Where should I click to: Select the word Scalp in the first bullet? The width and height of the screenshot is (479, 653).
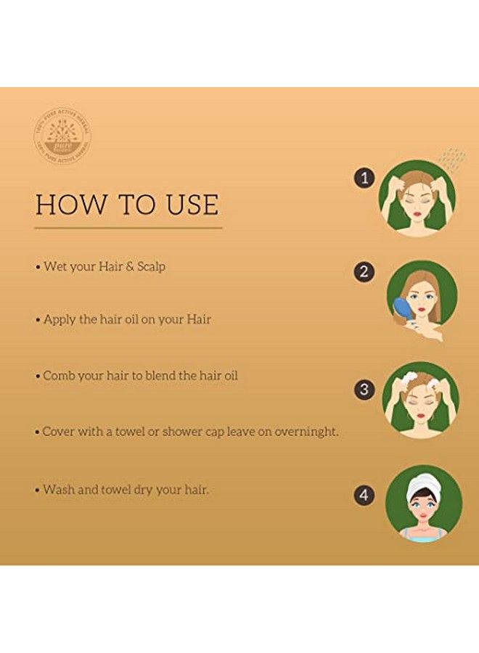150,266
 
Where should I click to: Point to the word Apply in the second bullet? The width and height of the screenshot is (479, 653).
60,319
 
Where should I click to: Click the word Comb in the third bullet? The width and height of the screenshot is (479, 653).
58,376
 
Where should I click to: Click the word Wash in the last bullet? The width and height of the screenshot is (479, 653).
58,490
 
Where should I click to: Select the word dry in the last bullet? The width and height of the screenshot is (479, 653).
142,490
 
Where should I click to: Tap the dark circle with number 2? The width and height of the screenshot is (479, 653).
364,272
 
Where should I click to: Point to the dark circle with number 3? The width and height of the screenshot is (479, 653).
364,389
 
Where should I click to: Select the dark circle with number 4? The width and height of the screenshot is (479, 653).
364,496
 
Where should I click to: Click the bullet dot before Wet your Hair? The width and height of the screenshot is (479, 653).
38,267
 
